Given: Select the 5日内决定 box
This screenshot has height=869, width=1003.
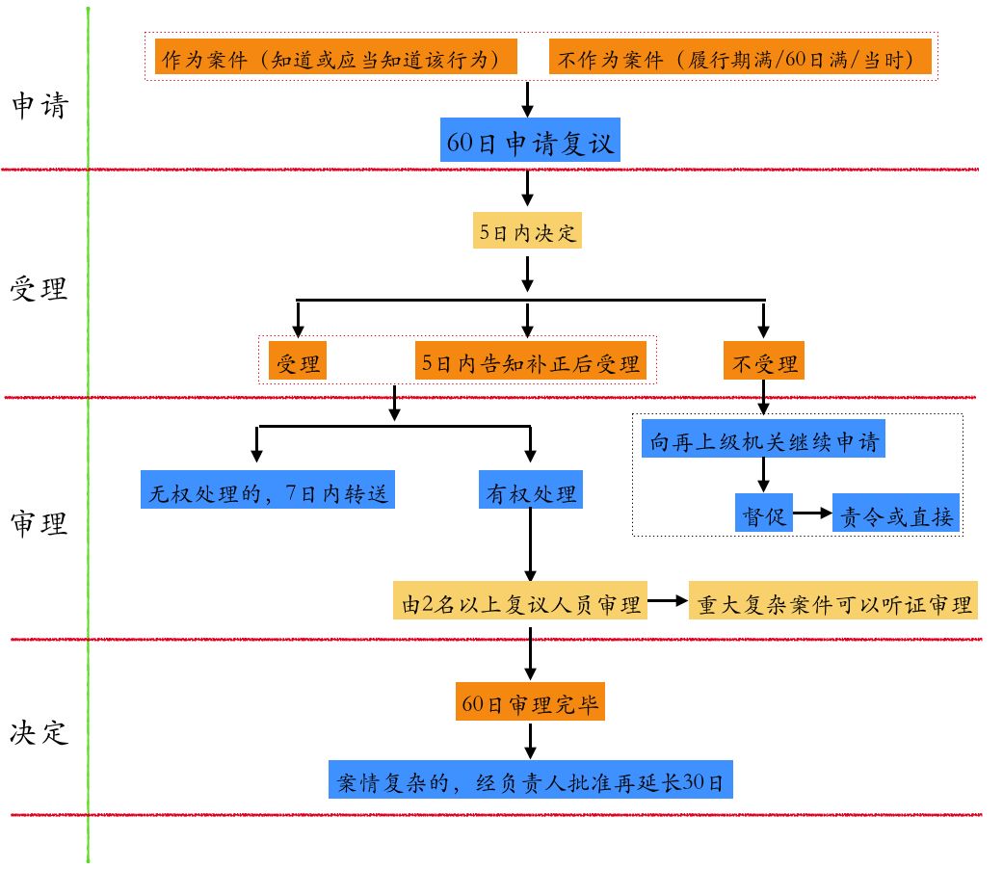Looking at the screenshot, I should (x=528, y=232).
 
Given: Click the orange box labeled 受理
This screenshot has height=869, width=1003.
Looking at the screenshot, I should (x=298, y=363).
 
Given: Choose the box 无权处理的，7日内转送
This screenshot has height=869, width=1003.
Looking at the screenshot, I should (x=268, y=492).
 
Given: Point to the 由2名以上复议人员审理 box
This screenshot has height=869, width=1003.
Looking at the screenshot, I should (x=520, y=603).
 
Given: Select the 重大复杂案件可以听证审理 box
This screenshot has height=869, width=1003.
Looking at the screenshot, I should (x=833, y=603).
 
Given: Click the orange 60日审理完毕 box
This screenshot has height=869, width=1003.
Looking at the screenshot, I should (x=530, y=703).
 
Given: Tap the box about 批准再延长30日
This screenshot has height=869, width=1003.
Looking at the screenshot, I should (x=531, y=781).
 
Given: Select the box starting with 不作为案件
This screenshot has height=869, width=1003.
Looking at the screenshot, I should (x=742, y=58).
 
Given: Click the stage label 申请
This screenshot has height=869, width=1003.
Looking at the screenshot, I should (x=40, y=105).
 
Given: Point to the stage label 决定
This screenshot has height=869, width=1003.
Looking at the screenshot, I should (x=40, y=731).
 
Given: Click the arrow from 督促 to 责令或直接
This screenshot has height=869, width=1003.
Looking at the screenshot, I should (x=812, y=514).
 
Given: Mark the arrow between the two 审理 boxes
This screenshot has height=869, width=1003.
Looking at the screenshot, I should (x=668, y=603).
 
